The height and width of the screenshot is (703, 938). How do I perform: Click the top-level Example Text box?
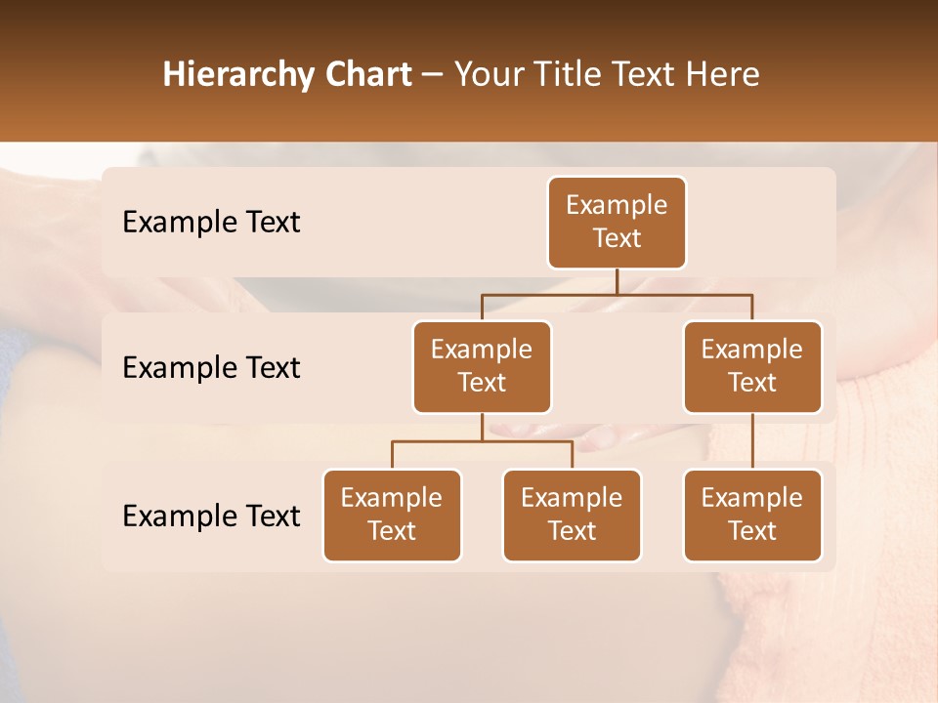click(x=617, y=222)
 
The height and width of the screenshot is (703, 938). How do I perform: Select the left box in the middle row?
click(x=482, y=366)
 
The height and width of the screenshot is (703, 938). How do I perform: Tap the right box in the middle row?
click(x=752, y=366)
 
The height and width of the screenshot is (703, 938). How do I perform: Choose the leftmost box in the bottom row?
click(x=392, y=515)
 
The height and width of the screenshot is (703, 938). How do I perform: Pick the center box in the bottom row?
click(x=572, y=515)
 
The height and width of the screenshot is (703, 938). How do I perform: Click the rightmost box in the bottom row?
click(x=752, y=515)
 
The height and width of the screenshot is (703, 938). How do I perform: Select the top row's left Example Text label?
click(x=211, y=222)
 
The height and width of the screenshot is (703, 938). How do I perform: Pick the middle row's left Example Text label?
click(x=211, y=367)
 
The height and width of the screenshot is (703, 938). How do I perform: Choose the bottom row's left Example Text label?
click(x=211, y=516)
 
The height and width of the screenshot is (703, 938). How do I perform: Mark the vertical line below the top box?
click(x=617, y=281)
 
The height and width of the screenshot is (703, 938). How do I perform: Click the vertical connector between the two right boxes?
click(x=752, y=440)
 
